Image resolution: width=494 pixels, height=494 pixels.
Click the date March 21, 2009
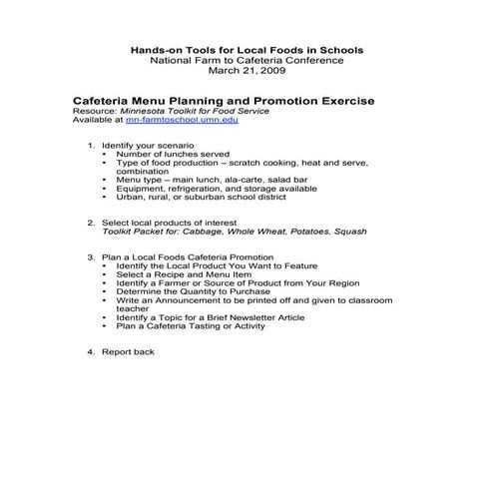(247, 72)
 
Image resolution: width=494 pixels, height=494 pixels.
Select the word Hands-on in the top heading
(159, 50)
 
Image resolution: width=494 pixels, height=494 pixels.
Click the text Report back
(128, 352)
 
